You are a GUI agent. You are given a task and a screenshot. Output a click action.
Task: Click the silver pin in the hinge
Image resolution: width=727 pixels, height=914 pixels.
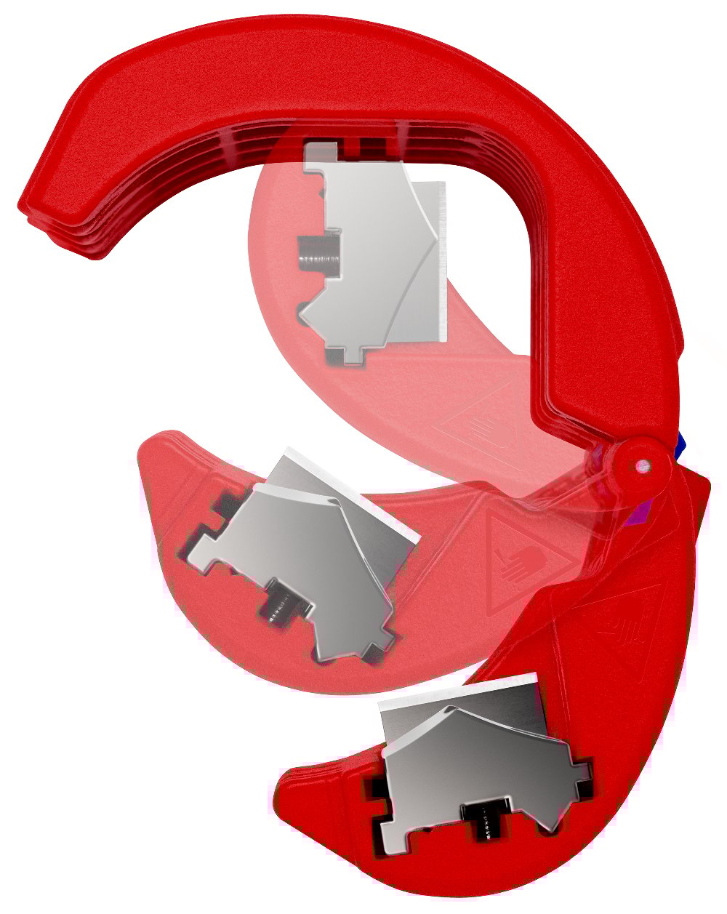641,463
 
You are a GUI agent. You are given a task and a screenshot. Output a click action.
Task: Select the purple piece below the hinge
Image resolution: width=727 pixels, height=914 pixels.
638,510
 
